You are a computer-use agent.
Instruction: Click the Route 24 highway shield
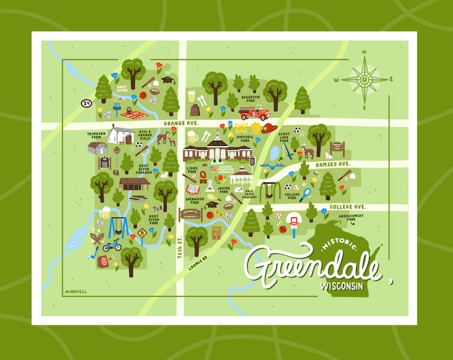pos(86,103)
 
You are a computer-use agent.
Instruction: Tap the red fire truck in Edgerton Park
pos(253,112)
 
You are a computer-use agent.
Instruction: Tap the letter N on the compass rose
pos(364,51)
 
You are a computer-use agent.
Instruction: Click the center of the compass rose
pos(364,79)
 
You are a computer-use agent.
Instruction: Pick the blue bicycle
pos(112,245)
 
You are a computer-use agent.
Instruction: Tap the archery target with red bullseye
pos(102,261)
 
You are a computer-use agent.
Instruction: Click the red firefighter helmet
pos(268,128)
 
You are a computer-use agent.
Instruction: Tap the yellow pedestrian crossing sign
pos(142,233)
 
